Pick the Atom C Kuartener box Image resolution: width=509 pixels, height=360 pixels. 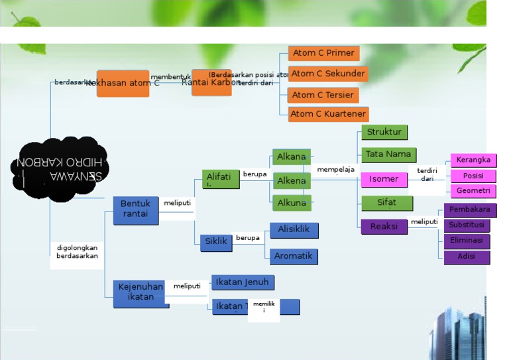328,114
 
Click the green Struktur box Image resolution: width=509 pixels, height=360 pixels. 384,133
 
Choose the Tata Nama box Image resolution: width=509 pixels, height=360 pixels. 388,154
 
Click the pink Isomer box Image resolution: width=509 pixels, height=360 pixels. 384,179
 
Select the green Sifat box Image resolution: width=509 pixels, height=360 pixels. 386,203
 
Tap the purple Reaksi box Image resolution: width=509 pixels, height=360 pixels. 384,227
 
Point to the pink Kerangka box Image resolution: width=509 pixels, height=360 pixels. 473,160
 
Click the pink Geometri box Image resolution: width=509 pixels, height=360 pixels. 473,191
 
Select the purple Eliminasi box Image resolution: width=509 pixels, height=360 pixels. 467,241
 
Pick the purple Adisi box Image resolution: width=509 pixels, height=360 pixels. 467,257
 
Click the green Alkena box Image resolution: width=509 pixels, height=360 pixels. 292,181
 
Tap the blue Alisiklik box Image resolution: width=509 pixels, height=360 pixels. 294,230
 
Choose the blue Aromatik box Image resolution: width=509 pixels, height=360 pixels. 294,256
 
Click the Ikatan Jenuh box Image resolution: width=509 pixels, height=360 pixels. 243,282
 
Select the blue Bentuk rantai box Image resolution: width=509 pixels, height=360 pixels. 136,210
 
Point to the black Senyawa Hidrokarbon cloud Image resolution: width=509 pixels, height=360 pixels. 59,169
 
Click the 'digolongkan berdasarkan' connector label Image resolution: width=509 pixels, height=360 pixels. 77,252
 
